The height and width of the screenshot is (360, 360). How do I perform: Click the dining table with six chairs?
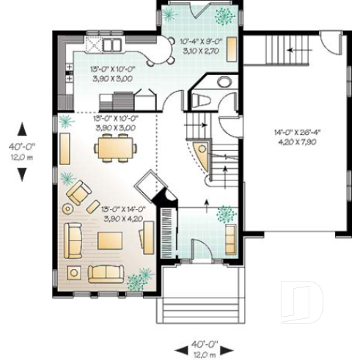pyautogui.click(x=116, y=149)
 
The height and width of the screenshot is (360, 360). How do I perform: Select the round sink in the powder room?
pyautogui.click(x=224, y=82)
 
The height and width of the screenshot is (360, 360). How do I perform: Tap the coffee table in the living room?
pyautogui.click(x=112, y=241)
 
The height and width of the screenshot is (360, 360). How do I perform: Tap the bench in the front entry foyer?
pyautogui.click(x=230, y=238)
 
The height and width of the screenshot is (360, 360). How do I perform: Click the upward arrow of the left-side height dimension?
pyautogui.click(x=23, y=125)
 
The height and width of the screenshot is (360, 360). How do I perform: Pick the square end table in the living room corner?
pyautogui.click(x=74, y=272)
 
